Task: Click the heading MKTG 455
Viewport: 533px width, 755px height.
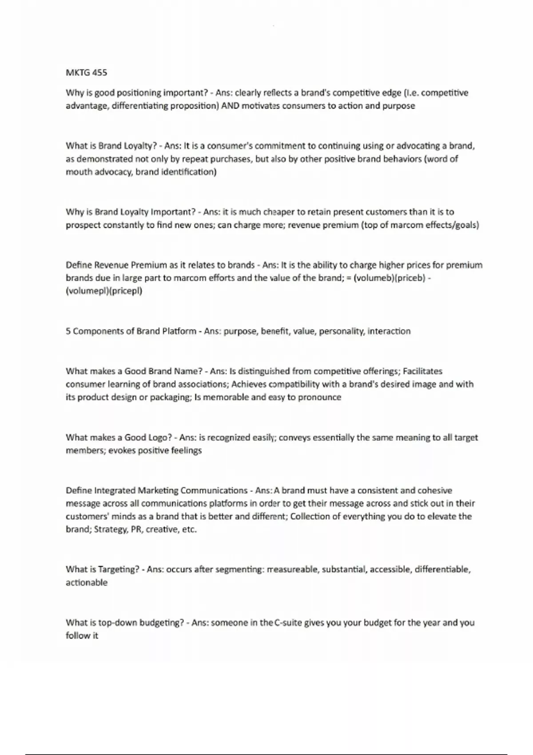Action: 86,72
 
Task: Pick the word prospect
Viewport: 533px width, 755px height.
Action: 83,225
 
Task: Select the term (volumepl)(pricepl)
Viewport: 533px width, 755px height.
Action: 104,291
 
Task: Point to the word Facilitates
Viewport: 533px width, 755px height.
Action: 422,371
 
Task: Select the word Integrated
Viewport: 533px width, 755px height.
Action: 115,491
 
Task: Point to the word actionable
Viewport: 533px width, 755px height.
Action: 87,583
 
